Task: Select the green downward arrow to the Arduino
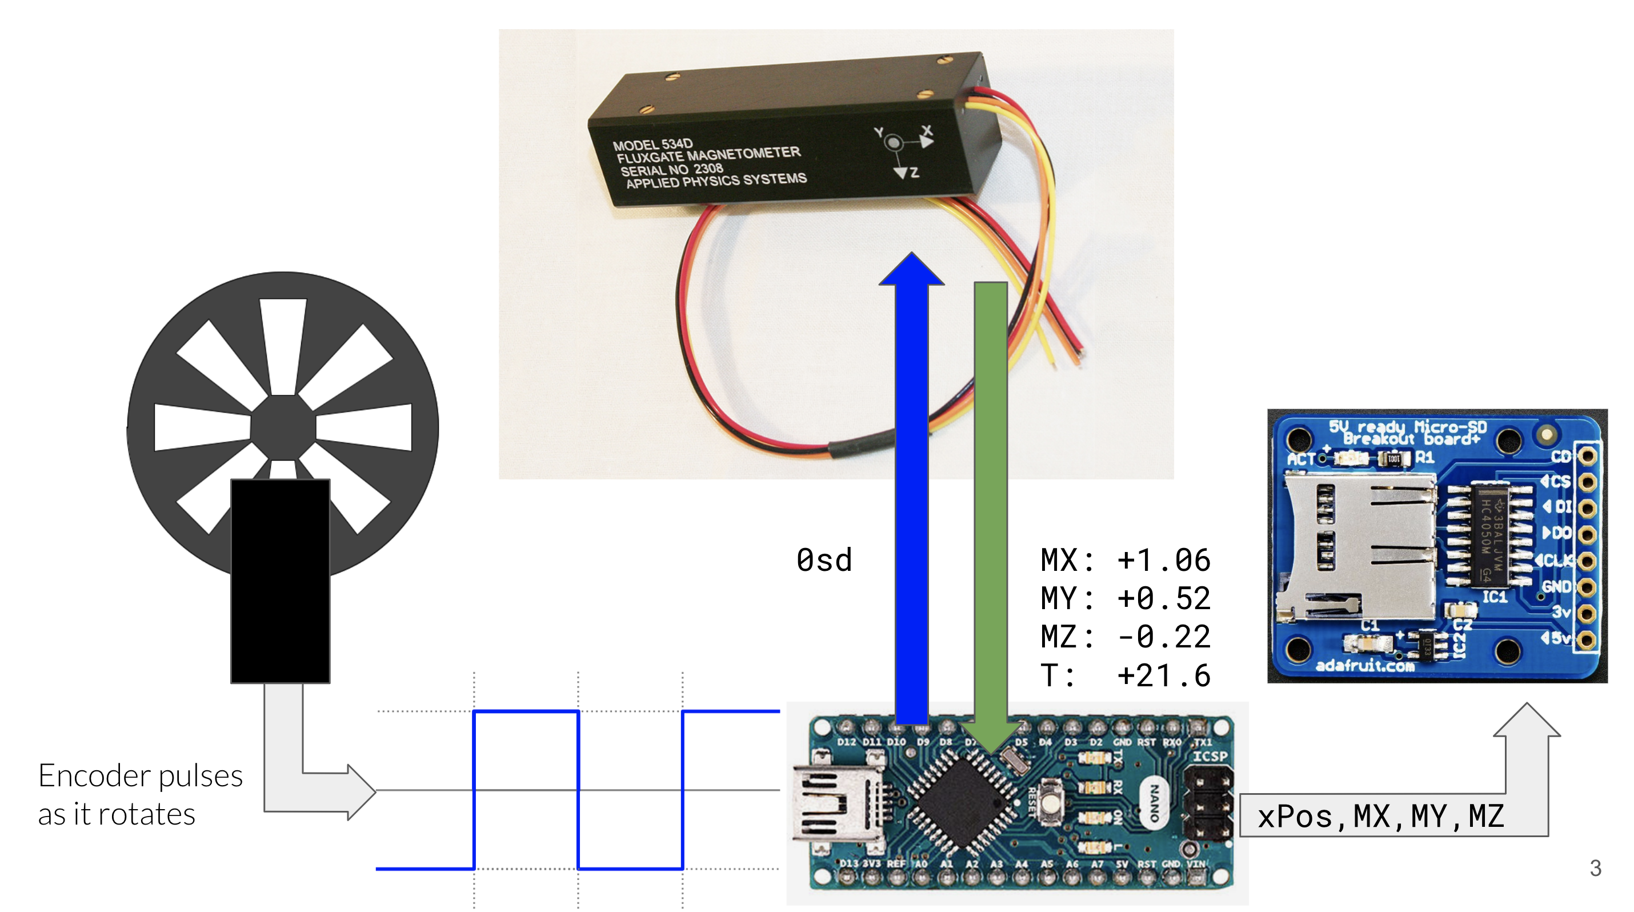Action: pos(990,507)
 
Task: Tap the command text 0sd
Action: pos(824,561)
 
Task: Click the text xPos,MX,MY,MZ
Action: pos(1380,816)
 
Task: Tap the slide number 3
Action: pos(1595,867)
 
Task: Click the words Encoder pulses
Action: pos(140,775)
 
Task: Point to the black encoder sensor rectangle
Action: pos(280,581)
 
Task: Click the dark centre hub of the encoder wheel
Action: pos(283,427)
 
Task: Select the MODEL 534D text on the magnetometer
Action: pos(652,145)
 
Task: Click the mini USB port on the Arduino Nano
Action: pos(831,802)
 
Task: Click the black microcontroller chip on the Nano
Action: pos(963,802)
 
